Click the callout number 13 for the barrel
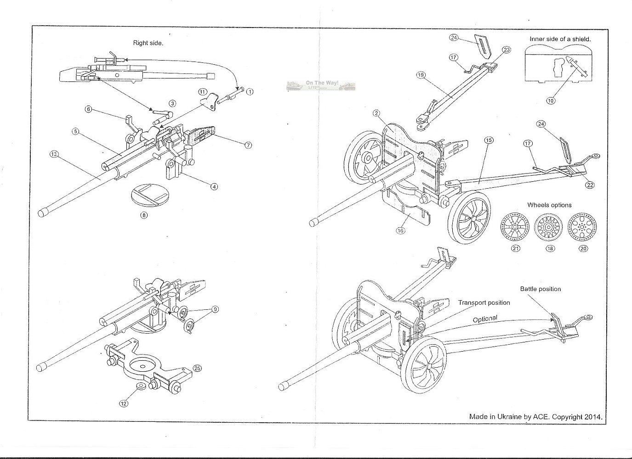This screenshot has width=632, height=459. (x=54, y=154)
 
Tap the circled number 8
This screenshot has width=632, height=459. (x=144, y=215)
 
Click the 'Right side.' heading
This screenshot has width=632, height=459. (x=148, y=43)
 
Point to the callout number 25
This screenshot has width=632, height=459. (x=197, y=368)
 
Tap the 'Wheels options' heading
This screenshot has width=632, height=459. (x=549, y=205)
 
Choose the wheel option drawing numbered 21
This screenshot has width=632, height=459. (x=515, y=226)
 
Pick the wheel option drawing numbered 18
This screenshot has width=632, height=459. (x=550, y=226)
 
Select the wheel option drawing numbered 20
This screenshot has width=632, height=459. (x=584, y=226)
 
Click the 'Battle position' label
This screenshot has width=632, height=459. (x=540, y=289)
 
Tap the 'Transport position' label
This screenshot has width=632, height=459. (x=484, y=303)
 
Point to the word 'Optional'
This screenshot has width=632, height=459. (x=485, y=319)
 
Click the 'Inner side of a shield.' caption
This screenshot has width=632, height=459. (x=560, y=39)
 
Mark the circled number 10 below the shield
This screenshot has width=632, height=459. (x=550, y=100)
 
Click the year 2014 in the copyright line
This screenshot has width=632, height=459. (x=593, y=417)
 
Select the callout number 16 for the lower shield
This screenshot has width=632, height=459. (x=400, y=230)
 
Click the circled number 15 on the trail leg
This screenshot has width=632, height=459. (x=489, y=140)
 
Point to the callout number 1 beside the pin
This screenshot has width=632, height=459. (x=250, y=91)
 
